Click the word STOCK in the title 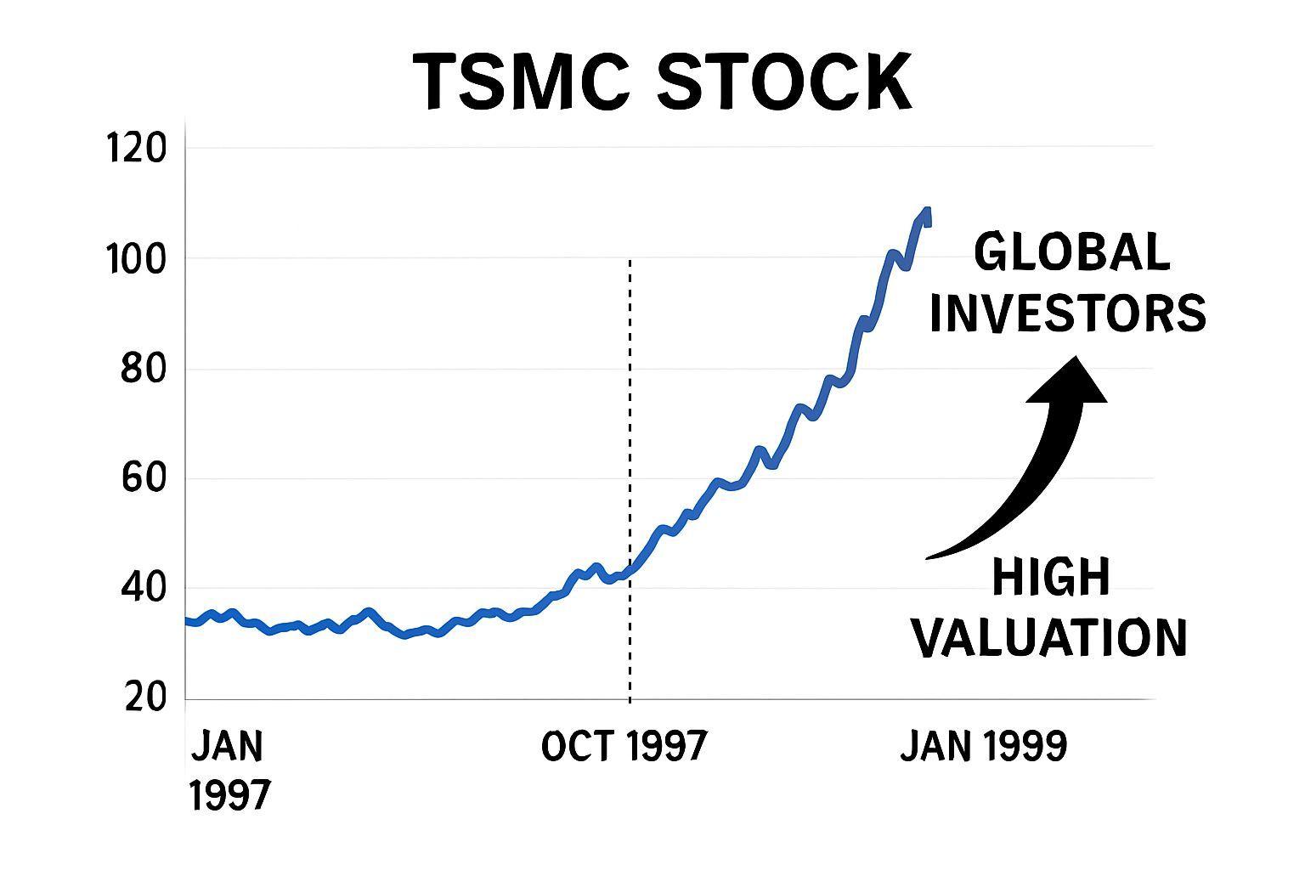[x=784, y=82]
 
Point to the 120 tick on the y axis [x=135, y=149]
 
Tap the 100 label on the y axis [x=135, y=259]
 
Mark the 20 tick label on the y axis [x=144, y=698]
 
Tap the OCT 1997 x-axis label [x=624, y=746]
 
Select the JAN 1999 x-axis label [x=983, y=746]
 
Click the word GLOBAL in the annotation [x=1071, y=252]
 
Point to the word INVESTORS [x=1068, y=313]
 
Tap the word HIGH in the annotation [x=1051, y=578]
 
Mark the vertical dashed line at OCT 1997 [x=630, y=476]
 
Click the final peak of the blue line [x=927, y=210]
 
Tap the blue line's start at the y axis [x=188, y=621]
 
